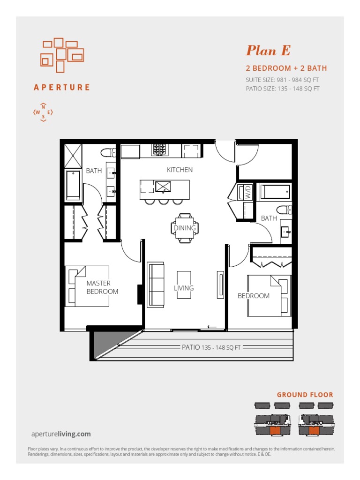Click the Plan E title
[268, 51]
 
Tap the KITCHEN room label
[180, 170]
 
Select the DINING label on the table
[185, 228]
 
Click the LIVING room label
[184, 288]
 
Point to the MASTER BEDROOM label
[102, 287]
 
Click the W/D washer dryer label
[248, 192]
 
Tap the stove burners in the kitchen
[159, 150]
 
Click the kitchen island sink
[163, 187]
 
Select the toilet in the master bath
[108, 152]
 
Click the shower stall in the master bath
[73, 156]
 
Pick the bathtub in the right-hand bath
[275, 191]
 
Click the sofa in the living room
[156, 285]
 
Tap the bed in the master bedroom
[87, 286]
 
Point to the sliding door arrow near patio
[212, 327]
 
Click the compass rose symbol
[43, 112]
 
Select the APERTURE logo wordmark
[62, 88]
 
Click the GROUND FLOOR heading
[305, 395]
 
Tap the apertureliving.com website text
[61, 434]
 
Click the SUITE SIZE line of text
[282, 80]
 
